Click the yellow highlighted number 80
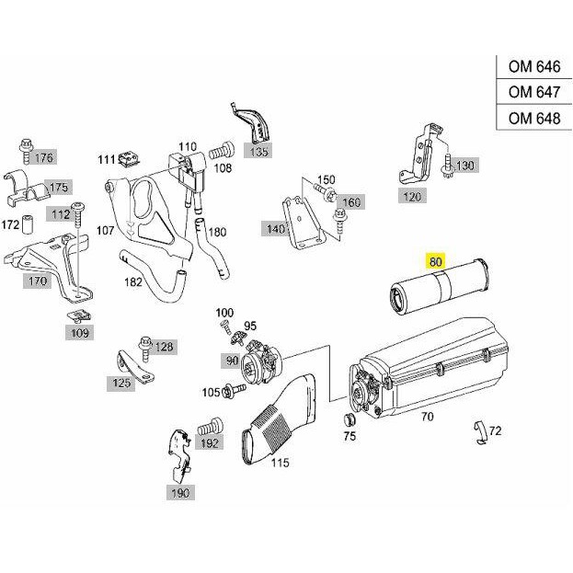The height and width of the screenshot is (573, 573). pos(436,261)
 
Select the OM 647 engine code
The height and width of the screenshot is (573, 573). pos(533,92)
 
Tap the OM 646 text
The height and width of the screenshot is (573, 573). pos(533,66)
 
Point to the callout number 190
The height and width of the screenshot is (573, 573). pos(180,493)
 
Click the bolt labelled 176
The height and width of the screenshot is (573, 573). pos(27,151)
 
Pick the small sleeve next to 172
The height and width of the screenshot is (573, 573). pos(28,224)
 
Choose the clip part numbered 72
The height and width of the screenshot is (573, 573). pos(481,433)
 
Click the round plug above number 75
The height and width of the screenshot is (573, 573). pos(350,419)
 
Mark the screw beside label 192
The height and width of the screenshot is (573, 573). pos(210,427)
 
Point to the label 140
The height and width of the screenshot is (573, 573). pos(274,229)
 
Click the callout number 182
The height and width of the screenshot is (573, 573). pos(133,281)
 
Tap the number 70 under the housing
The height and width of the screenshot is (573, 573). pos(427,417)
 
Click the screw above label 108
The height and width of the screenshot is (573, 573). pos(222,151)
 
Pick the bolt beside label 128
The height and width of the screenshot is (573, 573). pos(145,349)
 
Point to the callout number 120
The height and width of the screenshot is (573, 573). pos(412,197)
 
